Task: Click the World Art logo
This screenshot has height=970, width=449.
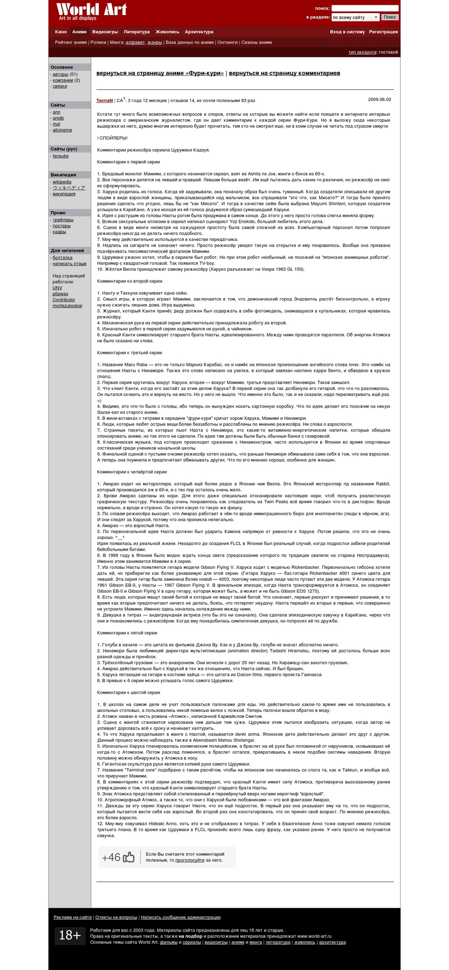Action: (91, 12)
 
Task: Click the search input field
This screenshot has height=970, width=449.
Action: (365, 9)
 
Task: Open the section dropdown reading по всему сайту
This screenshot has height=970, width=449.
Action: (355, 17)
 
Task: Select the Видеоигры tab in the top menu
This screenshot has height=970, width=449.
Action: (105, 32)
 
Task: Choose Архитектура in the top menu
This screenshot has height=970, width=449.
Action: (199, 32)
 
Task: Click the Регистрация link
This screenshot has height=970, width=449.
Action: (383, 32)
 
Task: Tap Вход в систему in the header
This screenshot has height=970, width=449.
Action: (347, 32)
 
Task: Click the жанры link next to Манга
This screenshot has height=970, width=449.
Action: (155, 42)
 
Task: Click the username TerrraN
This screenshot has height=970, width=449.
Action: (105, 101)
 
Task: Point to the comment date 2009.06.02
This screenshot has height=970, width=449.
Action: (379, 100)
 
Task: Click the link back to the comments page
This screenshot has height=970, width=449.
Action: (284, 73)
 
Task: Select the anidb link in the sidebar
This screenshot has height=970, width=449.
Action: (58, 118)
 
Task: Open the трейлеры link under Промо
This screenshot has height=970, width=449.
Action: (63, 220)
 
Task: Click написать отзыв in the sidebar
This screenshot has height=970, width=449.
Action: (69, 264)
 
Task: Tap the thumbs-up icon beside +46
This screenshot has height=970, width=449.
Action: (129, 857)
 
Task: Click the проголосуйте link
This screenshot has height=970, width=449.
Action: (190, 860)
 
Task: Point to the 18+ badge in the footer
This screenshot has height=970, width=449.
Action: (70, 936)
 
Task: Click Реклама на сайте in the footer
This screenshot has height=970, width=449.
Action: (73, 917)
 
